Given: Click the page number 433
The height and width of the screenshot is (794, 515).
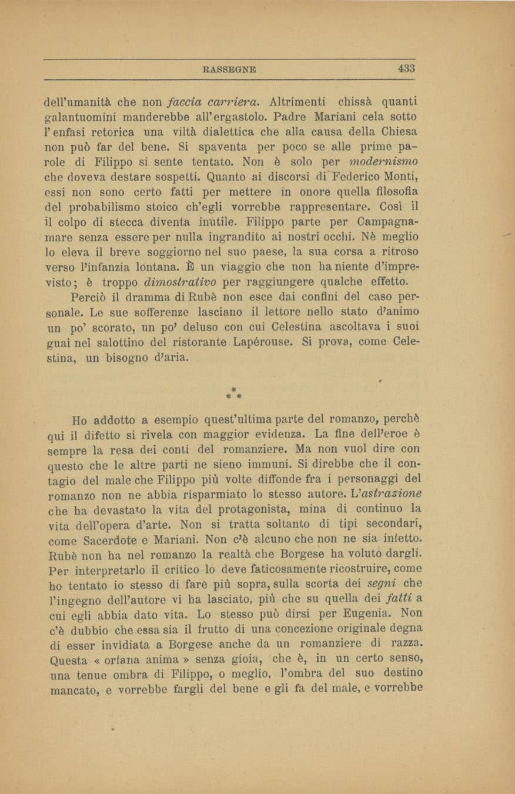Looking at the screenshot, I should (406, 68).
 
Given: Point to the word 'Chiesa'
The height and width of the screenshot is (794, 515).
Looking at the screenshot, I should (403, 129).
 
